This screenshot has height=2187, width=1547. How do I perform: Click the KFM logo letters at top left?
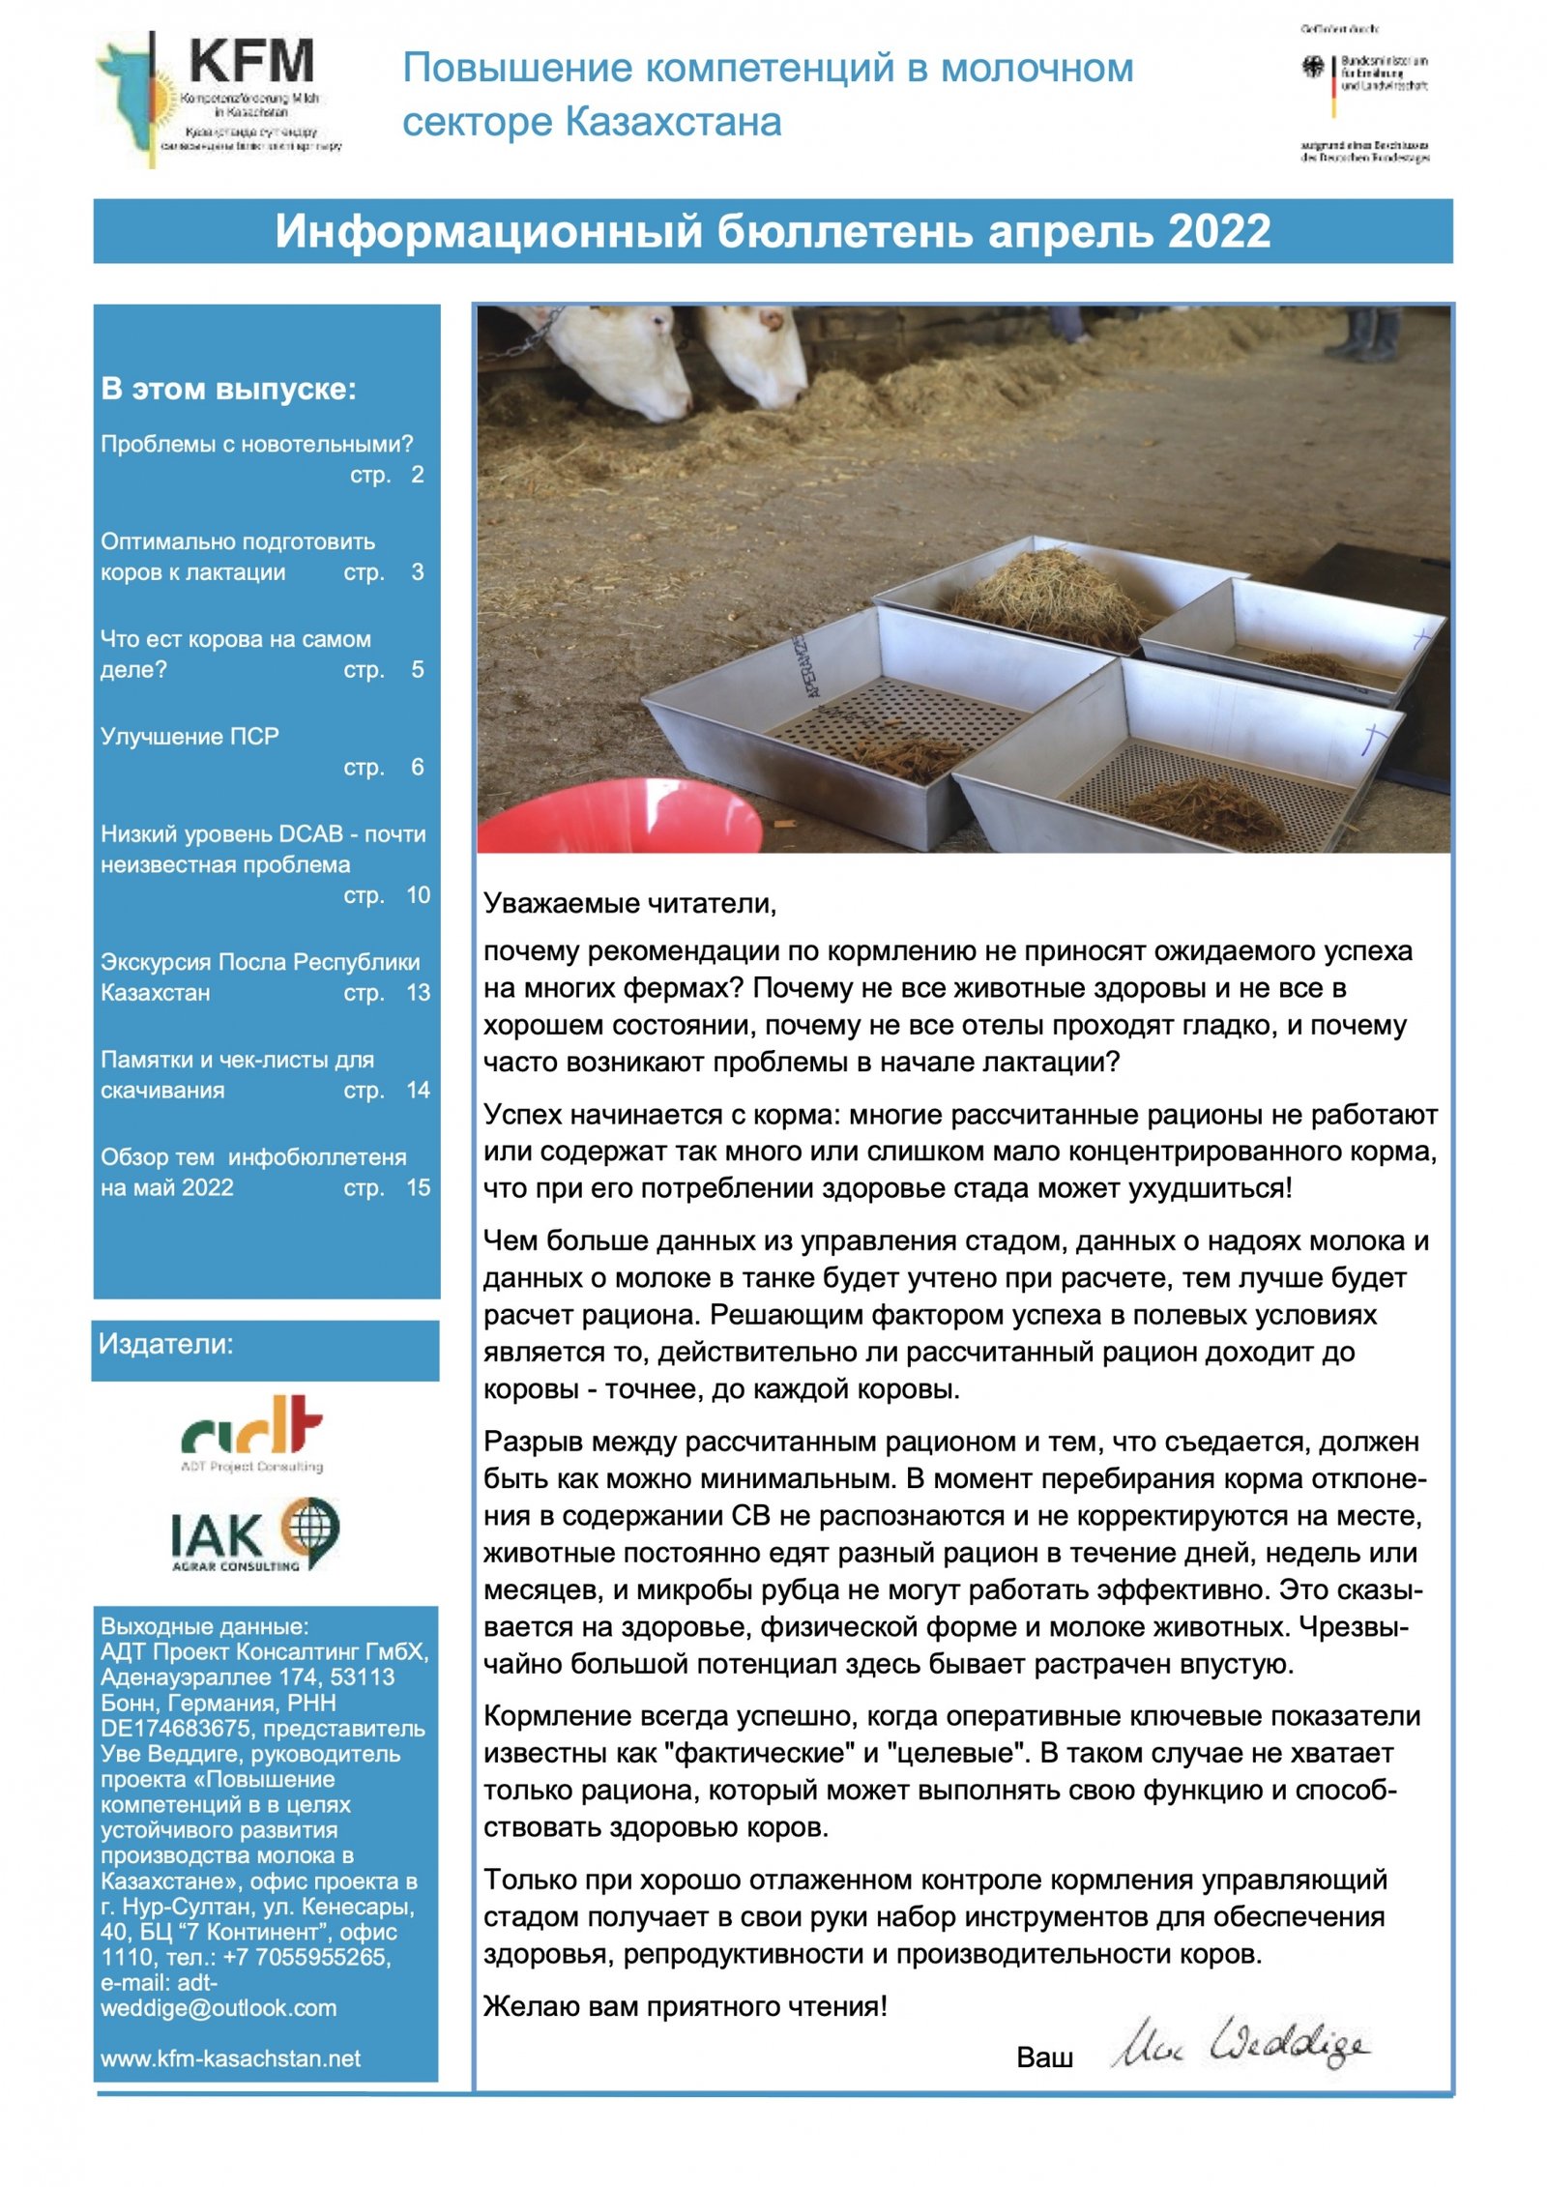pos(251,62)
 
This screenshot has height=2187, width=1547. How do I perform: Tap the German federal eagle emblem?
pos(1312,67)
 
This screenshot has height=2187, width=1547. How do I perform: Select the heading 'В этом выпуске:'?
pos(228,389)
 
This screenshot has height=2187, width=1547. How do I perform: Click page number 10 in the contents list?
pos(418,895)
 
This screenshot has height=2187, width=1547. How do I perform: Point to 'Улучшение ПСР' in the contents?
pos(190,737)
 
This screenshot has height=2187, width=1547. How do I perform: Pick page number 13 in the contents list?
pos(418,993)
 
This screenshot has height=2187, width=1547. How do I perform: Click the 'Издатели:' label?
pos(166,1345)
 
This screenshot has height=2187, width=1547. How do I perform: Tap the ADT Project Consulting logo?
pos(252,1431)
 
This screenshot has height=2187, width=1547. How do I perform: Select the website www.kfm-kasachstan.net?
pos(230,2057)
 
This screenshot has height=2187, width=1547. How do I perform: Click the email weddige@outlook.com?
pos(219,2008)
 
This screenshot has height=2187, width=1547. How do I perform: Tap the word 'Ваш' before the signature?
pos(1044,2057)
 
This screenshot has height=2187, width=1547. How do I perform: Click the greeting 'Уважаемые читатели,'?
pos(629,904)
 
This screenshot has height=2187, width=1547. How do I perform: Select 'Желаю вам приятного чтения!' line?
pos(686,2006)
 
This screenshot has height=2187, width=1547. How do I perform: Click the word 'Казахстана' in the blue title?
pos(673,123)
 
